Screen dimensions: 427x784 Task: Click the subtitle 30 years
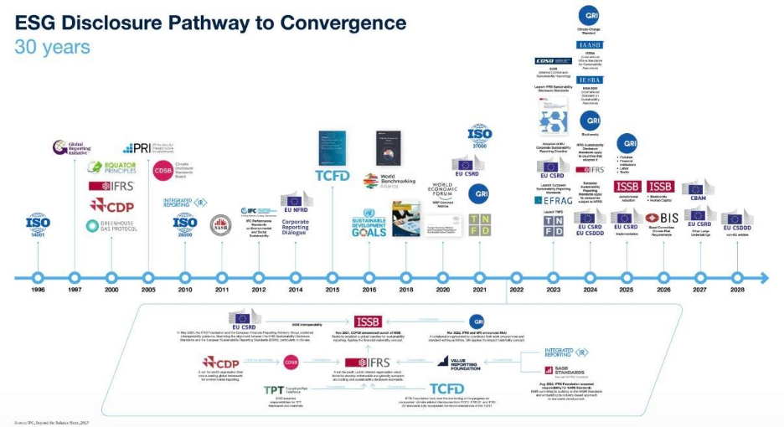click(52, 47)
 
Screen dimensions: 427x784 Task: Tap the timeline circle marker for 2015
click(332, 277)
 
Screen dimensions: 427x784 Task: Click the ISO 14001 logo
click(37, 224)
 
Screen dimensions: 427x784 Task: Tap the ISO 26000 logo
click(185, 224)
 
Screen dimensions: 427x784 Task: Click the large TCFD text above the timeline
click(332, 175)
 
